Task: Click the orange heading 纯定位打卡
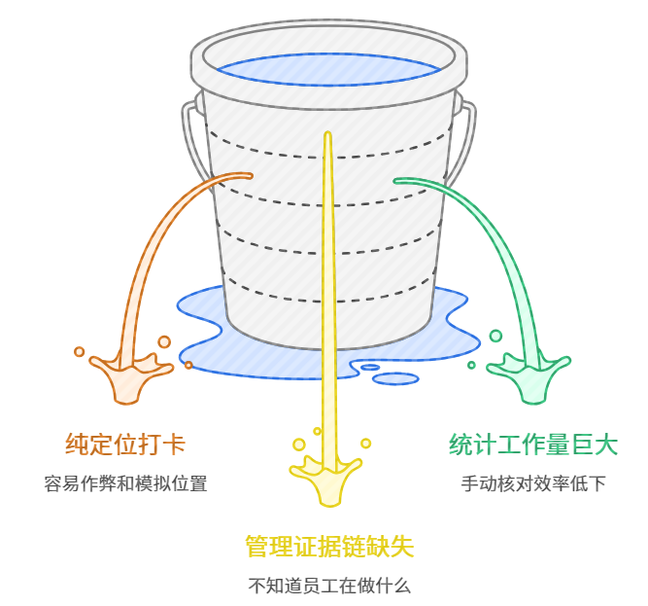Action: click(x=125, y=445)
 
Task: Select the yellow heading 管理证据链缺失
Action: click(x=329, y=546)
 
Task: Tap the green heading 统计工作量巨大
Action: click(x=533, y=445)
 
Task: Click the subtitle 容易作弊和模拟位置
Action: click(x=125, y=483)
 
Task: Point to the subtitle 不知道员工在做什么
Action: click(x=329, y=586)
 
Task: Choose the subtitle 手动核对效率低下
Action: click(x=533, y=483)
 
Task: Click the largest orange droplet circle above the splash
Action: click(x=164, y=341)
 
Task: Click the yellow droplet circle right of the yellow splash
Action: click(x=365, y=443)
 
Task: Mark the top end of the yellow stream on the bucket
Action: click(x=329, y=136)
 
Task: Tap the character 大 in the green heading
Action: click(x=605, y=445)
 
